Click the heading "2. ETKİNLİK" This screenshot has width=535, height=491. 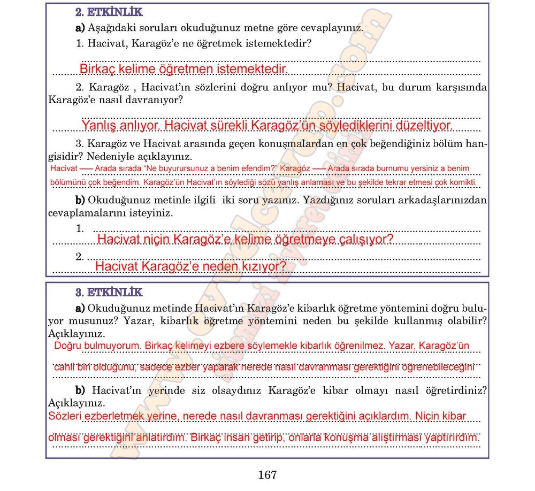pos(109,11)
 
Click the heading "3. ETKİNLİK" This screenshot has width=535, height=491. pos(109,292)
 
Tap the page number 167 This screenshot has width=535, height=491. pos(267,475)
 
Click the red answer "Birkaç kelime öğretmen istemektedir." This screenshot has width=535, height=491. pos(183,70)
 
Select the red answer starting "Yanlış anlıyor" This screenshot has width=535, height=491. pos(267,126)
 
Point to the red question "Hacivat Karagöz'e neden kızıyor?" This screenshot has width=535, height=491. pos(190,266)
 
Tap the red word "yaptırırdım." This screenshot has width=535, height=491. pos(452,438)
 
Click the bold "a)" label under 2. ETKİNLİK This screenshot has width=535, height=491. pos(80,27)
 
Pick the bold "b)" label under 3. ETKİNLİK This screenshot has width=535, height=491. pos(80,389)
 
